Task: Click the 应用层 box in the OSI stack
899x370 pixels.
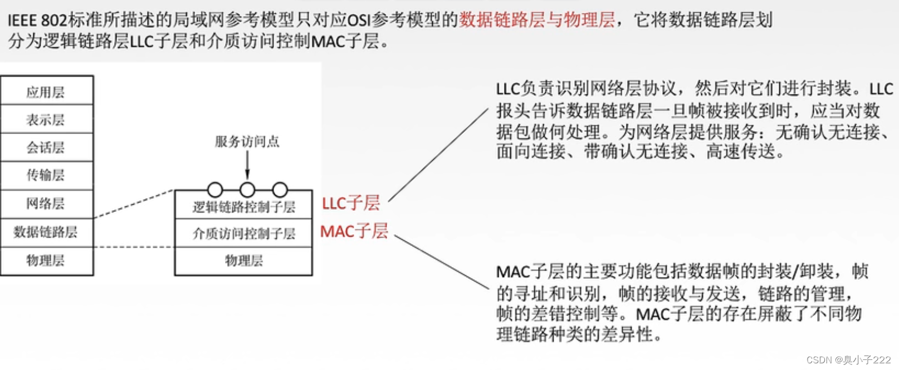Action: point(46,91)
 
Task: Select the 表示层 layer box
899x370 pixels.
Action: point(46,120)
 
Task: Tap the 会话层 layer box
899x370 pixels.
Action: point(46,147)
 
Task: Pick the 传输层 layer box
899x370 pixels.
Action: point(46,175)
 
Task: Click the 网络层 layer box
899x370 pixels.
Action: point(46,204)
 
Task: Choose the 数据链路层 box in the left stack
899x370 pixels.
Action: point(46,232)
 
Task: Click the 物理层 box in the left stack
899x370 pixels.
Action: point(46,260)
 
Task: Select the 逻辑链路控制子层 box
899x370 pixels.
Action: point(243,207)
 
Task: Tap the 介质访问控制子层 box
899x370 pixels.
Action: point(243,234)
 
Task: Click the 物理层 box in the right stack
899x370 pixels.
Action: point(243,260)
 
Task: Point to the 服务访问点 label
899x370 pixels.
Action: point(247,142)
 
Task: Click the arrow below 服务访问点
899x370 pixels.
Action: point(247,165)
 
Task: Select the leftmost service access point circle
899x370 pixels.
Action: point(215,190)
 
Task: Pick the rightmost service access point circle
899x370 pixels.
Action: point(280,190)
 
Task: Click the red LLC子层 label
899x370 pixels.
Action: point(351,203)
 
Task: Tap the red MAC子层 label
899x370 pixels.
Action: point(354,231)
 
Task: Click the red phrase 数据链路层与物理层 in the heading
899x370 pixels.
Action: point(537,20)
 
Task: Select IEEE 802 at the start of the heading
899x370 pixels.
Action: point(37,21)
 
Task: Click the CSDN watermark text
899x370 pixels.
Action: point(848,360)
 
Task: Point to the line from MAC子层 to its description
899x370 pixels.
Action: point(441,262)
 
